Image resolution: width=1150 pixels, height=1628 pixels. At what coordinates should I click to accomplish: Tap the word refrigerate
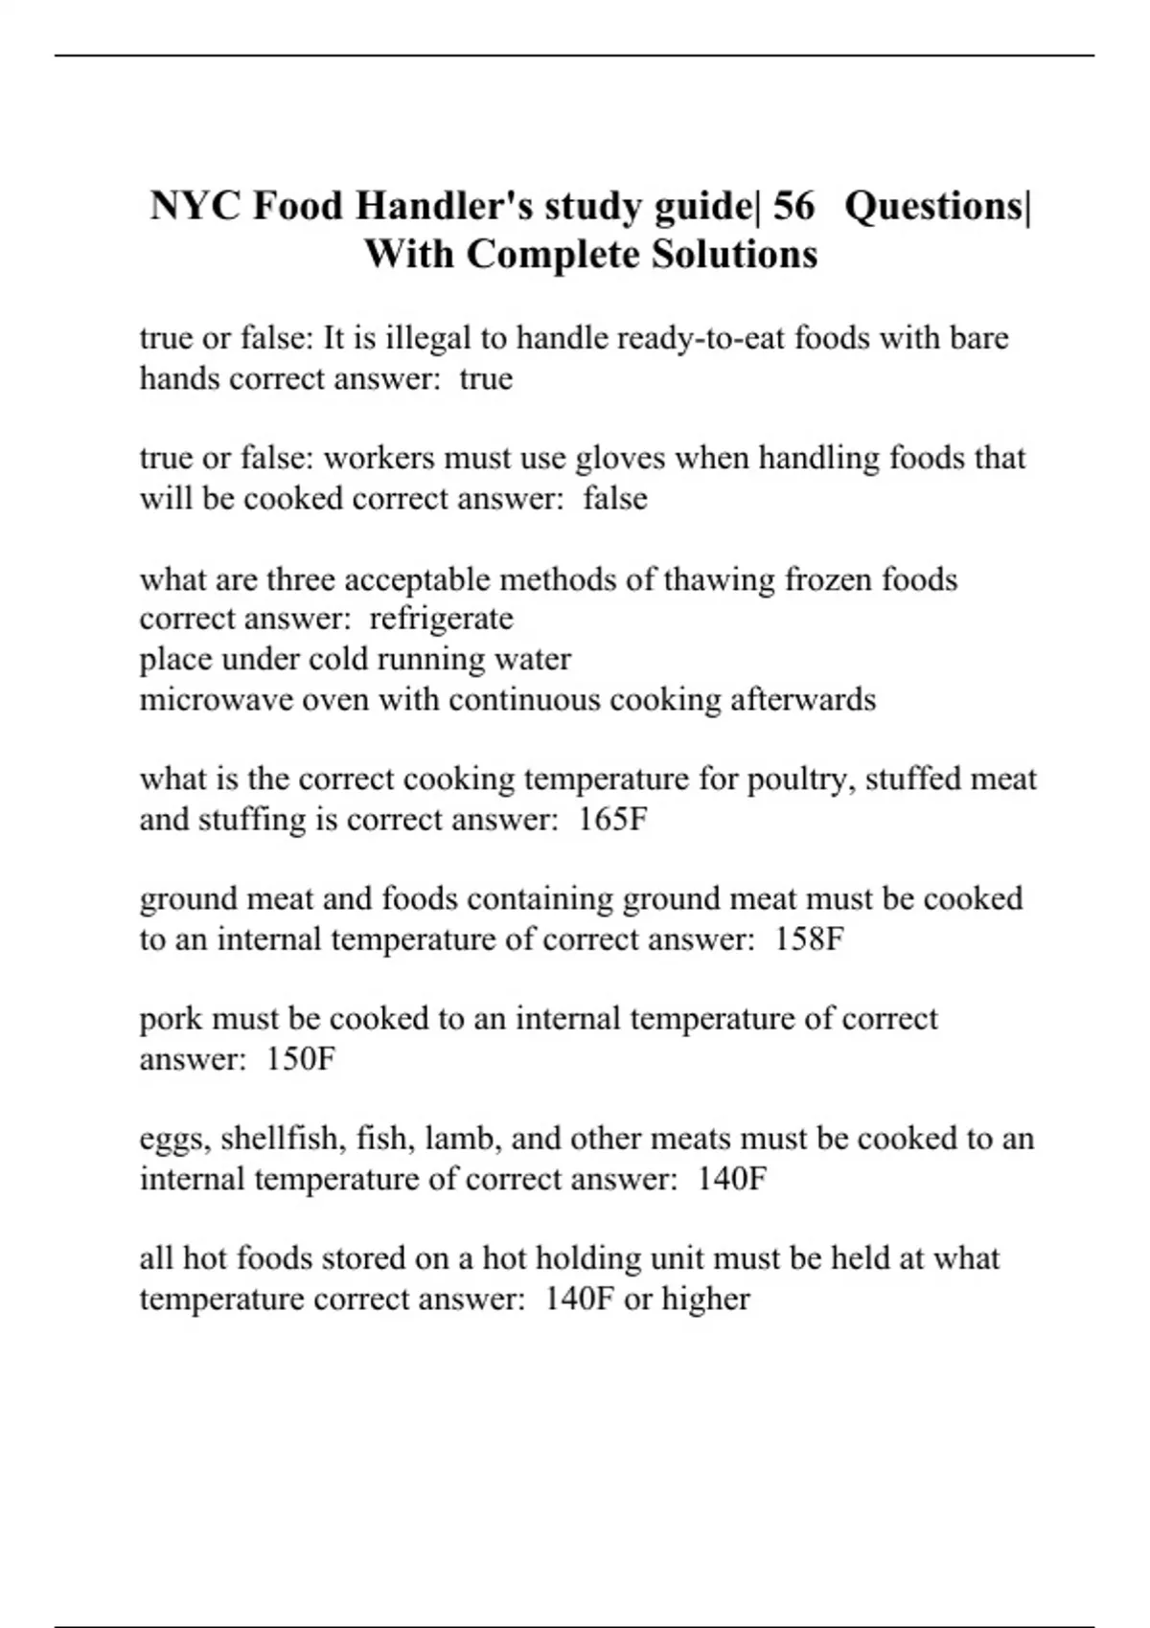[441, 619]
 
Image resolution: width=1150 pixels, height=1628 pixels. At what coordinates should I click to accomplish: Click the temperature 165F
[613, 820]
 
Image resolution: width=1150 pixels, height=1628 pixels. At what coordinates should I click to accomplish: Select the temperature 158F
[809, 939]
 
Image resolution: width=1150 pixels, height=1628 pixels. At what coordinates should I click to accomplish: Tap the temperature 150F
[301, 1059]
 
